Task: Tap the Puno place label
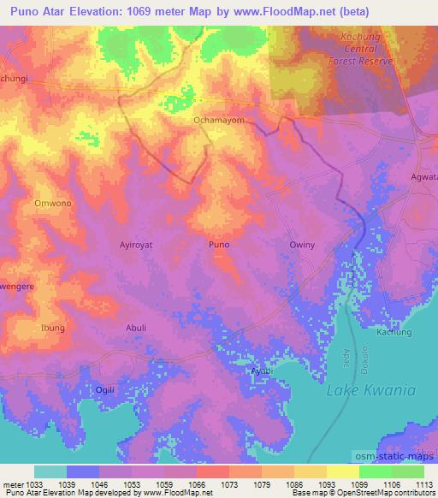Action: click(219, 244)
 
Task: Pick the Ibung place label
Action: click(52, 327)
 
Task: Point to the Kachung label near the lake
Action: click(394, 332)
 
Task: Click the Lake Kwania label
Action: click(371, 390)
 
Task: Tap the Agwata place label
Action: click(423, 181)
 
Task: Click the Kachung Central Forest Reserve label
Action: click(360, 50)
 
